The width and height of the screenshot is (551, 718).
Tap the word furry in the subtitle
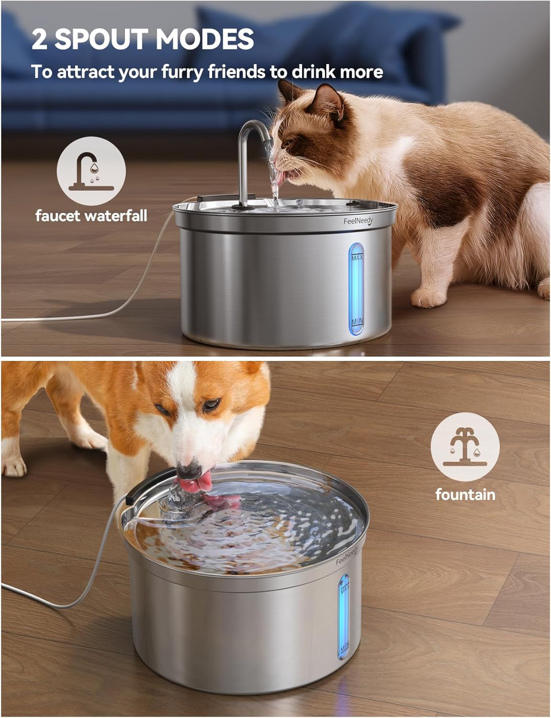coord(181,72)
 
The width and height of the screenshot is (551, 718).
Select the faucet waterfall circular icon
coord(91,171)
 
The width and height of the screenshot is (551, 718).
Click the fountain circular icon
coord(465,447)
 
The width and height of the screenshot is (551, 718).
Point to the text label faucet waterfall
coord(91,216)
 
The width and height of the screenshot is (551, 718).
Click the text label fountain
coord(465,494)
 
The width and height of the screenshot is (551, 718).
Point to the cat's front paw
coord(428,297)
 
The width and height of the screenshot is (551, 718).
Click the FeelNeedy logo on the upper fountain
coord(359,221)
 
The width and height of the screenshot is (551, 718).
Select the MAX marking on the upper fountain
coord(357,258)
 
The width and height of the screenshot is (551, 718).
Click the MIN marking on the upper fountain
coord(357,321)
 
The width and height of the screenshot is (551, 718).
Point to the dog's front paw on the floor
coord(13,466)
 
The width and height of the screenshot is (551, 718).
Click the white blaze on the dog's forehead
coord(180,387)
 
